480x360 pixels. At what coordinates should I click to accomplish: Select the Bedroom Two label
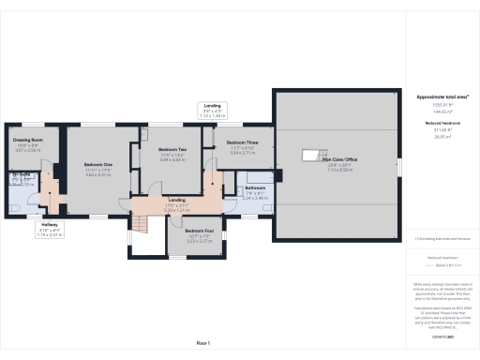click(x=172, y=150)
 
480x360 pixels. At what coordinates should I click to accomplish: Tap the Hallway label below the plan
click(x=51, y=225)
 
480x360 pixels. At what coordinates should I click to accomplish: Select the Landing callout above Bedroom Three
click(x=213, y=106)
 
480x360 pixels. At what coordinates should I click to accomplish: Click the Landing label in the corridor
click(x=175, y=200)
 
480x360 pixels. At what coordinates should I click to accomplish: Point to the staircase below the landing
click(x=139, y=224)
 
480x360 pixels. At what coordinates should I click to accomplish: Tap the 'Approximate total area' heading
click(x=442, y=97)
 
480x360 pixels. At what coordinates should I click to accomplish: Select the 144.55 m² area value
click(x=442, y=112)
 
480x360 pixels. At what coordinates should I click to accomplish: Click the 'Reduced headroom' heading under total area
click(x=442, y=123)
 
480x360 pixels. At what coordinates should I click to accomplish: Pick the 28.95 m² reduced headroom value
click(x=442, y=137)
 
